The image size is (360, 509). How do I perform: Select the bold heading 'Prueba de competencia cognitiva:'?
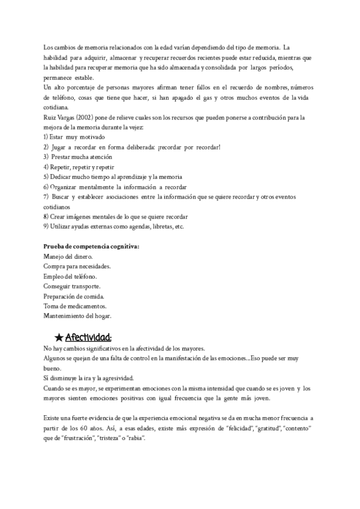click(x=92, y=246)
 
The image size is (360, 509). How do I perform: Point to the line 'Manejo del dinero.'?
click(x=68, y=256)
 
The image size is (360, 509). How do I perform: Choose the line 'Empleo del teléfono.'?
click(x=70, y=276)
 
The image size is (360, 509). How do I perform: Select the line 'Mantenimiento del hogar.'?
click(x=77, y=316)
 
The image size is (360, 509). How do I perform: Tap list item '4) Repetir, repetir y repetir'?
click(x=79, y=167)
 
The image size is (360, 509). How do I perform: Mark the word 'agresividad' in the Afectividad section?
click(x=116, y=378)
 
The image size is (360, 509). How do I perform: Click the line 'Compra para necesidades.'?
click(x=77, y=266)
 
